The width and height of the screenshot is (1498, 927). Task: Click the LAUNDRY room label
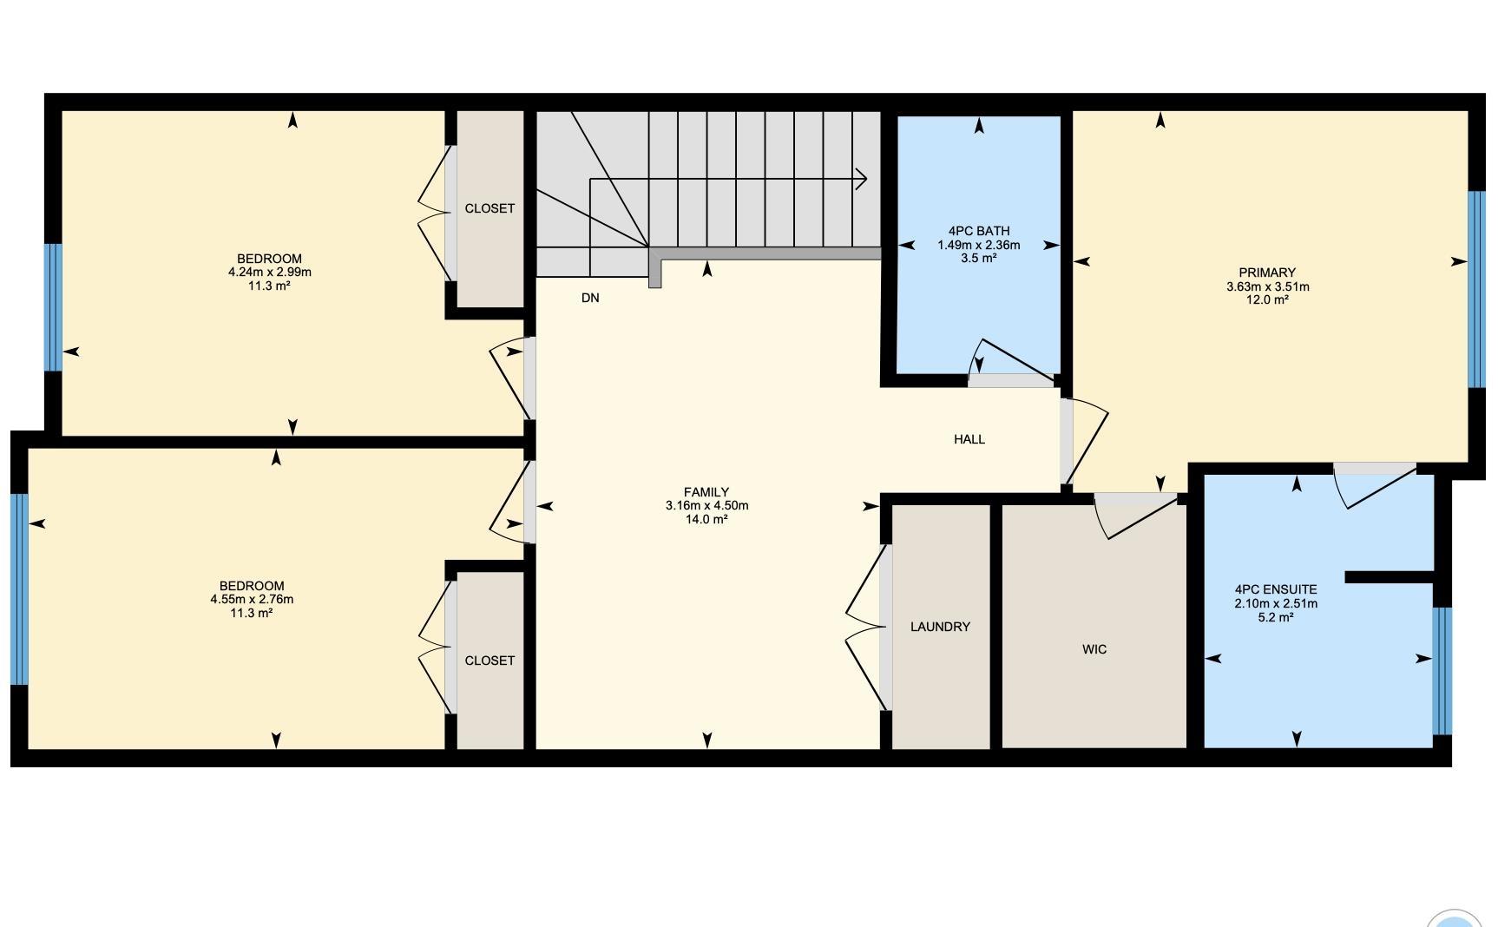coord(940,627)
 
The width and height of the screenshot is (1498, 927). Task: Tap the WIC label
coord(1094,649)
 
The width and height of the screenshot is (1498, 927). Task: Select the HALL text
coord(969,439)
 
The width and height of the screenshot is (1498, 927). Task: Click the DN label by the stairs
coord(590,298)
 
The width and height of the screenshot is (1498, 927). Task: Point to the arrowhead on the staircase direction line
coord(862,179)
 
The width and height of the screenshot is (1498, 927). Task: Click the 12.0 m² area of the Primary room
coord(1267,299)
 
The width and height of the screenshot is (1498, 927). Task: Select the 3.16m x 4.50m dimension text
coord(706,505)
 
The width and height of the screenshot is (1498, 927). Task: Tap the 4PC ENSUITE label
coord(1276,589)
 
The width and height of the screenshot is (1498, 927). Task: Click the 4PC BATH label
coord(978,231)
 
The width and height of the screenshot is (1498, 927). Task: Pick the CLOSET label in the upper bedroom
coord(489,208)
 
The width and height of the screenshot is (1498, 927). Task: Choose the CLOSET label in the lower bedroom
coord(489,661)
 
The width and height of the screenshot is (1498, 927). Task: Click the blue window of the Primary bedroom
coord(1475,289)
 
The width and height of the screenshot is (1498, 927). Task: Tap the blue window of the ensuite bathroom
coord(1442,671)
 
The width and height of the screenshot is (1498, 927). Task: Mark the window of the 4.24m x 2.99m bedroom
coord(54,307)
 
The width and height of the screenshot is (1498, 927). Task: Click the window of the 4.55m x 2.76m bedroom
coord(19,589)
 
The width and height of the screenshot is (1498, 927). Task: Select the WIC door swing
coord(1133,515)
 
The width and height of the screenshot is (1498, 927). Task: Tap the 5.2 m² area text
coord(1276,617)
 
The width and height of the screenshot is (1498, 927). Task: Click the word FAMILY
coord(706,492)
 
